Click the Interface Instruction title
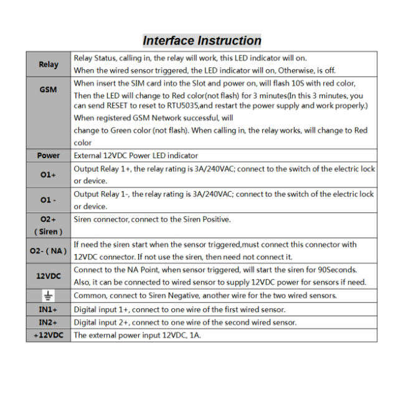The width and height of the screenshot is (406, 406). click(202, 41)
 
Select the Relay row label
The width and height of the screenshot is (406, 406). click(49, 64)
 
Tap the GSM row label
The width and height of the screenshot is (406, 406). click(49, 90)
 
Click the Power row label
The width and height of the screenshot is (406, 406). click(49, 156)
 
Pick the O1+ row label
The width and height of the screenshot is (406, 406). click(49, 175)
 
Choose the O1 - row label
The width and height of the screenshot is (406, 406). click(49, 201)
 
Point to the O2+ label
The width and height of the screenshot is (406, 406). click(49, 219)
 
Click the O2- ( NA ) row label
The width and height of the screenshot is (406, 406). click(49, 250)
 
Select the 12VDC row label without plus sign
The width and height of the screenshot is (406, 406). click(49, 276)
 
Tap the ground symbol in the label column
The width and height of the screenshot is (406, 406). click(49, 296)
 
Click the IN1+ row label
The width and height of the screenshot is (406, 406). click(49, 309)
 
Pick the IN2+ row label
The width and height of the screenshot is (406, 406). click(49, 322)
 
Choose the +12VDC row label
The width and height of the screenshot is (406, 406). click(49, 335)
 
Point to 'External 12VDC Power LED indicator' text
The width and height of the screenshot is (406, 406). click(136, 156)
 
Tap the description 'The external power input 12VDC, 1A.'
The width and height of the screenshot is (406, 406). click(138, 335)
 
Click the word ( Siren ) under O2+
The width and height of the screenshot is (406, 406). click(49, 232)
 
